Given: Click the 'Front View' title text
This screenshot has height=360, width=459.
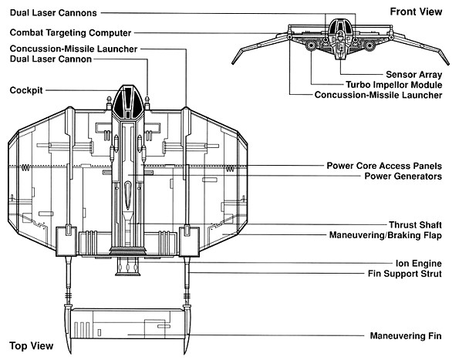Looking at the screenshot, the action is pos(416,12).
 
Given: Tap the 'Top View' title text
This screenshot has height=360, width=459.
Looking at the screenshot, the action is pos(32,345).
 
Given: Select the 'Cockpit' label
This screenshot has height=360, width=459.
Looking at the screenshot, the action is pos(26,90).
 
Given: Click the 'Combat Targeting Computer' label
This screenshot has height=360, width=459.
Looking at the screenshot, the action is pos(70,32).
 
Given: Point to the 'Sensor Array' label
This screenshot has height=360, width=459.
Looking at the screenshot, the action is pos(413,74).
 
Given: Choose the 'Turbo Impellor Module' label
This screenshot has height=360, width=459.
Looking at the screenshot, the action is pos(393,85).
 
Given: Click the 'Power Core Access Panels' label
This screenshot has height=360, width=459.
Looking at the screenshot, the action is pos(384,166).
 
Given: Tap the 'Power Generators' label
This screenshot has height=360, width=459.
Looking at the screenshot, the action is pos(403,176).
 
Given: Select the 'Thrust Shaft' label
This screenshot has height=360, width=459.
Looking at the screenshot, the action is pos(415,224).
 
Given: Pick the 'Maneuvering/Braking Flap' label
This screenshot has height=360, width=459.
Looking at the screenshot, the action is pos(385,235).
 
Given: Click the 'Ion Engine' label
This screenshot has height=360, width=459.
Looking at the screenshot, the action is pos(419,263).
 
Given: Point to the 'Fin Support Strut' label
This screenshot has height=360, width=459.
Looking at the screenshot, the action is pos(404,274).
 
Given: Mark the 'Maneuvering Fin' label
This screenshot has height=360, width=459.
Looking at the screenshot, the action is pos(406,336).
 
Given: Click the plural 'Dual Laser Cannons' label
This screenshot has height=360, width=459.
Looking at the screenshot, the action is pos(53,12).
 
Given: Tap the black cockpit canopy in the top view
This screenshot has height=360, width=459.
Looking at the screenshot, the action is pos(129,102).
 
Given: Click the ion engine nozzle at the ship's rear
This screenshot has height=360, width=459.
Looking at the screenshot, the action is pos(128,267).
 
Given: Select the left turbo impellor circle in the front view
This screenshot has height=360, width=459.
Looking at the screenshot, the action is pos(310,45).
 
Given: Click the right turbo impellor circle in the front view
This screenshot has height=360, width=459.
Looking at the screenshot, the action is pos(370,45).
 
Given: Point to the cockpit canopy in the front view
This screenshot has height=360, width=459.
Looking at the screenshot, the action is pos(340,25).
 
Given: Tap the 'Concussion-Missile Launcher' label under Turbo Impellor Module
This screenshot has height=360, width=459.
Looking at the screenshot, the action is pos(378,95).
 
